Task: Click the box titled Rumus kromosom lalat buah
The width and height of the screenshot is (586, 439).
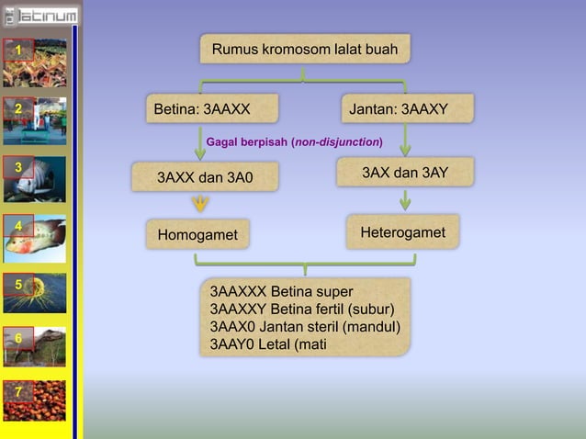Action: tap(305, 49)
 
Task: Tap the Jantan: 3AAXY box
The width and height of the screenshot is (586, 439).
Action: tap(407, 110)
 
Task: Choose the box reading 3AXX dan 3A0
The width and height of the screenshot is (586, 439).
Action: tap(204, 175)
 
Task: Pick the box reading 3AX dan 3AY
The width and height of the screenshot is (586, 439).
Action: tap(404, 173)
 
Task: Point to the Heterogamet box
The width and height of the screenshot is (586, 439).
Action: tap(402, 233)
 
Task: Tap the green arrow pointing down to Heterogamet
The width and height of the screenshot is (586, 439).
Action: tap(405, 200)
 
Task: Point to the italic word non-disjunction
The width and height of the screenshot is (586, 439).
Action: tap(336, 142)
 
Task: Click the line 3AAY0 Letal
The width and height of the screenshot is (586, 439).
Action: tap(267, 344)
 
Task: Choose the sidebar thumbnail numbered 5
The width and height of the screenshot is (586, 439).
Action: tap(34, 293)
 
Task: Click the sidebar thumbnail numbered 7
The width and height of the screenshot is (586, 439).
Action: tap(34, 400)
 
